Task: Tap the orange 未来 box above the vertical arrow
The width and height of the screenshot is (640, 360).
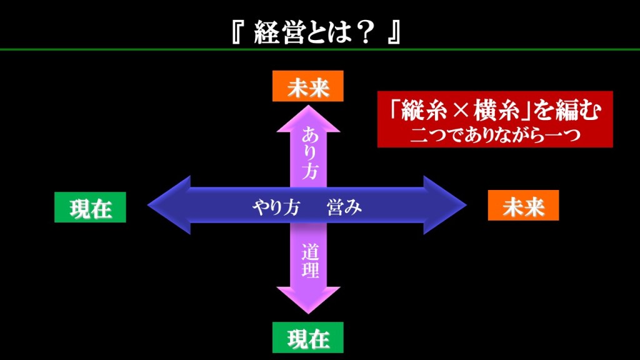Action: click(x=308, y=86)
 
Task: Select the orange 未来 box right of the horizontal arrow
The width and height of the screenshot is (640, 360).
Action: click(x=523, y=206)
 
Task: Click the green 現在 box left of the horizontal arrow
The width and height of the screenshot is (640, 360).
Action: click(x=90, y=207)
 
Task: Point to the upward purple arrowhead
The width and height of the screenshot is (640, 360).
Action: click(x=308, y=119)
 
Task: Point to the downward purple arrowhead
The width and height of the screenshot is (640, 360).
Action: click(x=308, y=299)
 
